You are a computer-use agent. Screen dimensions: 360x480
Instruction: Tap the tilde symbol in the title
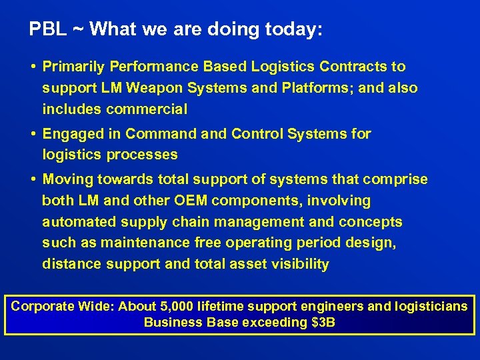click(78, 30)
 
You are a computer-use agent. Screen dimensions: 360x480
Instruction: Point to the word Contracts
click(354, 67)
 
